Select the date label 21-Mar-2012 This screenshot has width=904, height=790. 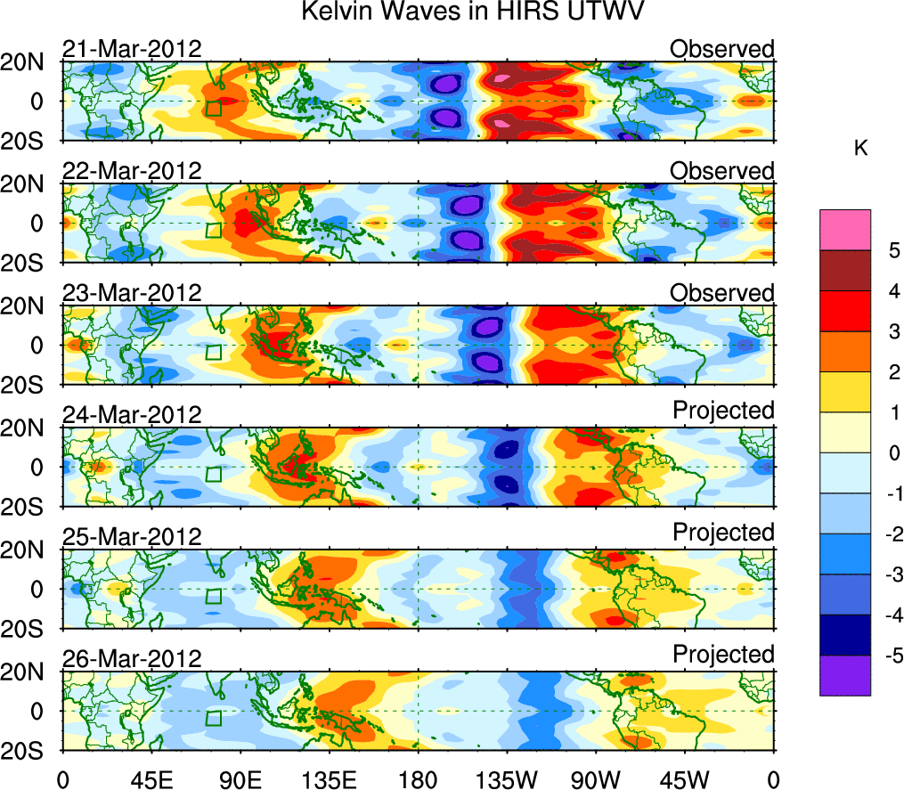(x=132, y=49)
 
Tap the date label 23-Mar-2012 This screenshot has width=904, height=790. (x=132, y=293)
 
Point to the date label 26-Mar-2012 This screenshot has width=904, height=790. (x=132, y=659)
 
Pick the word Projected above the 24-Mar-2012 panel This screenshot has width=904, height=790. (x=723, y=411)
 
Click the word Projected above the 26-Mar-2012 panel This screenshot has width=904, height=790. (x=723, y=655)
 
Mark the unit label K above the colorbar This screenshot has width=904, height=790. (x=861, y=148)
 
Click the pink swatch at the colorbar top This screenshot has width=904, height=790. (x=844, y=230)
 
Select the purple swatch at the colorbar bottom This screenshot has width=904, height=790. (x=844, y=675)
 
